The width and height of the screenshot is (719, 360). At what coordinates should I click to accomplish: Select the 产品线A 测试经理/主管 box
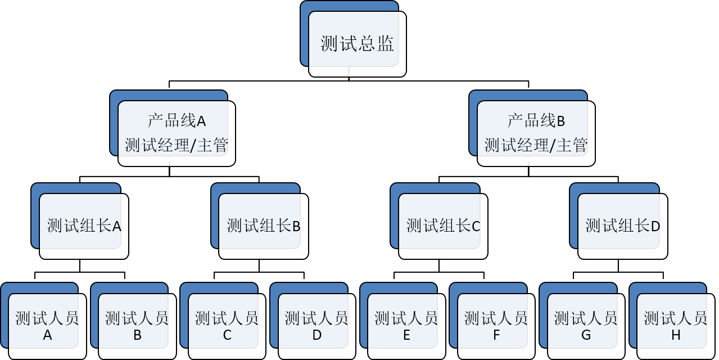tap(177, 133)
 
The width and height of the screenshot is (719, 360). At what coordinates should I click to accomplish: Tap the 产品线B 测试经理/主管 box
tap(536, 133)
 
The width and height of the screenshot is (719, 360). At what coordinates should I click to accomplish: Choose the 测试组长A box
tap(84, 226)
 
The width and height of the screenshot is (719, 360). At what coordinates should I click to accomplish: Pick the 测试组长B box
tap(263, 226)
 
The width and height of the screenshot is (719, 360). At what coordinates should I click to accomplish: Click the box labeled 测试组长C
tap(443, 226)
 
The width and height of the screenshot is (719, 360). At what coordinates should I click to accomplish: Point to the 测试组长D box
tap(622, 226)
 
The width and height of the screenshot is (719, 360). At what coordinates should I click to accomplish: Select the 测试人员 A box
tap(47, 326)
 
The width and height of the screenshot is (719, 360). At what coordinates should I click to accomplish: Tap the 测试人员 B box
tap(137, 326)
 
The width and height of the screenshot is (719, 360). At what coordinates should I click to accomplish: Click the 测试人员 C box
tap(227, 326)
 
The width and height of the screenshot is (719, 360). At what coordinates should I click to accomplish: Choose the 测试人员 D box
tap(316, 326)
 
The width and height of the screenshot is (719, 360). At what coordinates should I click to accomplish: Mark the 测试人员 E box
tap(406, 326)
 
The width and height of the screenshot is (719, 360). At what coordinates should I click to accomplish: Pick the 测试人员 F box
tap(496, 326)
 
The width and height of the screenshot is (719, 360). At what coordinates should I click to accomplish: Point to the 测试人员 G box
tap(586, 326)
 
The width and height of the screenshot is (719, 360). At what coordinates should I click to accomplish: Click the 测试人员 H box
tap(675, 326)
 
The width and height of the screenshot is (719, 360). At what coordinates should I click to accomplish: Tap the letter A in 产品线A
tap(201, 121)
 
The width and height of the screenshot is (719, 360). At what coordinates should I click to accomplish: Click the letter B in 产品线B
tap(560, 121)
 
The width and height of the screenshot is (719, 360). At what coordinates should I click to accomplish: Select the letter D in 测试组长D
tap(655, 227)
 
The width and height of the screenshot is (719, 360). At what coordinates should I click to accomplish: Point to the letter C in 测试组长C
tap(476, 227)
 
